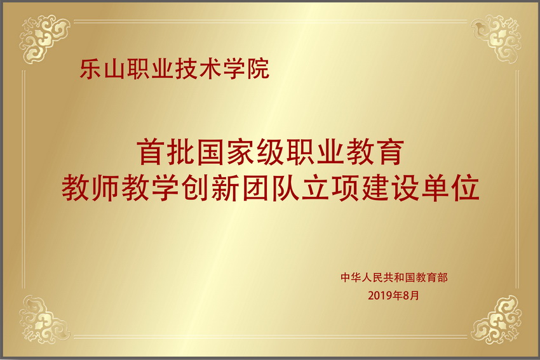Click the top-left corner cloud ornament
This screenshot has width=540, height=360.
point(44,39)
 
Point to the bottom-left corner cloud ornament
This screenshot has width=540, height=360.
point(44,320)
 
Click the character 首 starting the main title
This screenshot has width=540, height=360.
point(150,152)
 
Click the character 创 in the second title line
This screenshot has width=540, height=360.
point(195,188)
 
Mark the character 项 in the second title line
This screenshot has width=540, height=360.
point(346,188)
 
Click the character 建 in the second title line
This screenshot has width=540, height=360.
point(375,188)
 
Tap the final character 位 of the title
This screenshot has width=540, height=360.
point(466,188)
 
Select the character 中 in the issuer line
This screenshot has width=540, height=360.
point(346,277)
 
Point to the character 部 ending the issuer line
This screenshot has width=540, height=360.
point(443,277)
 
